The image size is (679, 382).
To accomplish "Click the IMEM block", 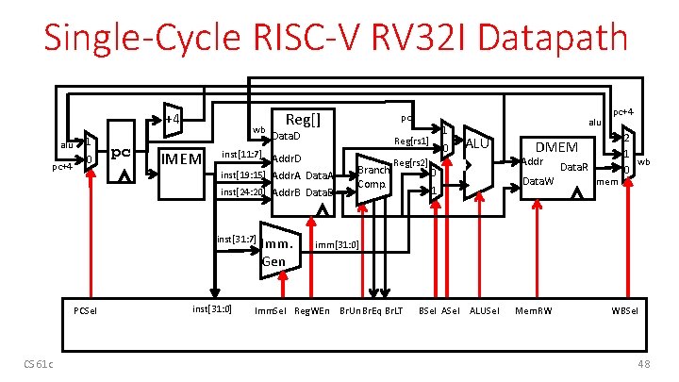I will (180, 158).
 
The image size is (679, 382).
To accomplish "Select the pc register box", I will (120, 153).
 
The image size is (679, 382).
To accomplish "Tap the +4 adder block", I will (172, 119).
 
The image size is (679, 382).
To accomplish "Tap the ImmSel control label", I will (273, 310).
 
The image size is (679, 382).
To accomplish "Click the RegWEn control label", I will (313, 310).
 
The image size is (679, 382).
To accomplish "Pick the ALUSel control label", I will (486, 310).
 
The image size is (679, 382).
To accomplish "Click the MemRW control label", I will (533, 310).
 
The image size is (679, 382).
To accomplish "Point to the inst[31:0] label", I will (212, 308).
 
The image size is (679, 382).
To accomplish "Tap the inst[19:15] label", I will (241, 175).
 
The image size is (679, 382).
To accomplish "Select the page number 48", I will (644, 365).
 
